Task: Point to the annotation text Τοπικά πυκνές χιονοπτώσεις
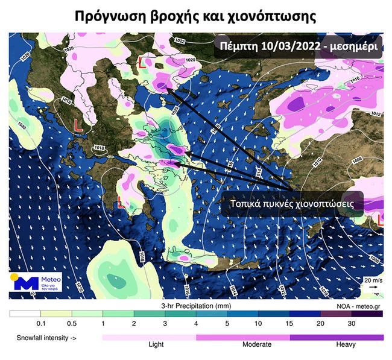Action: (x=291, y=204)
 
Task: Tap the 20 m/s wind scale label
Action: (x=373, y=280)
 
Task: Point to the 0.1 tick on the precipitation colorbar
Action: (x=40, y=324)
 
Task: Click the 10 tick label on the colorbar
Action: (x=258, y=324)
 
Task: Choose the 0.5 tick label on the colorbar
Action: (x=71, y=324)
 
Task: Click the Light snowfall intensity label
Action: (x=156, y=345)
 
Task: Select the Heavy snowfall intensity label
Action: (x=345, y=345)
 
